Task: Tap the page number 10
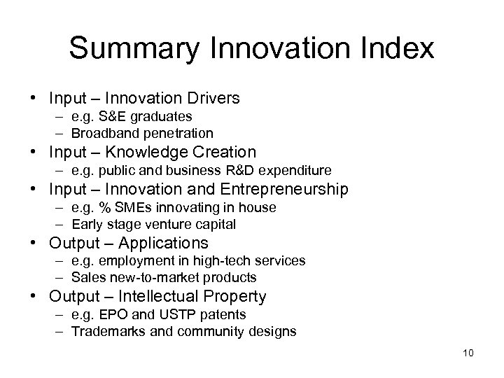468,352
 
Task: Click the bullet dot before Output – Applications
40,244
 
